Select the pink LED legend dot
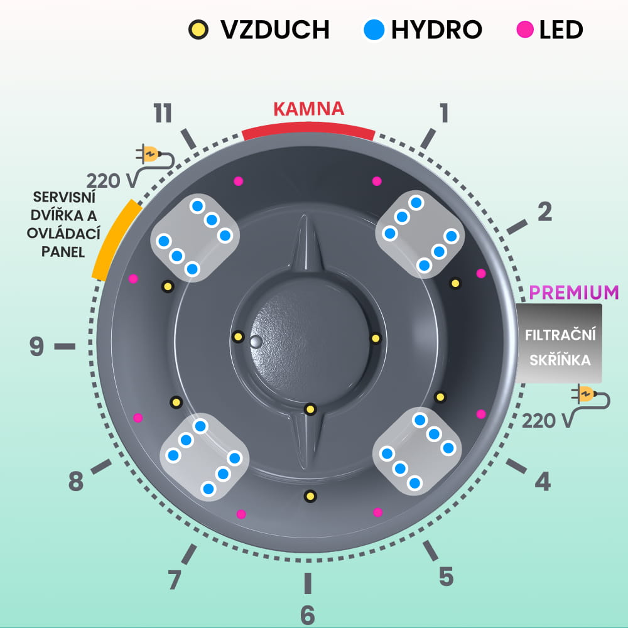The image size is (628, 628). click(524, 29)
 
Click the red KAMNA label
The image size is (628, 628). click(308, 109)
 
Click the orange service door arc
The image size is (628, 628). click(113, 239)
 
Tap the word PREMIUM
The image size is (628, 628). click(574, 292)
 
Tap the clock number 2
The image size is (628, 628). click(544, 212)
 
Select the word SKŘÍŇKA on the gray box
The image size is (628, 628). click(560, 361)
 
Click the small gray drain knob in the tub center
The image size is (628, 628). click(256, 342)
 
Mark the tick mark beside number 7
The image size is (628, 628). click(188, 555)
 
